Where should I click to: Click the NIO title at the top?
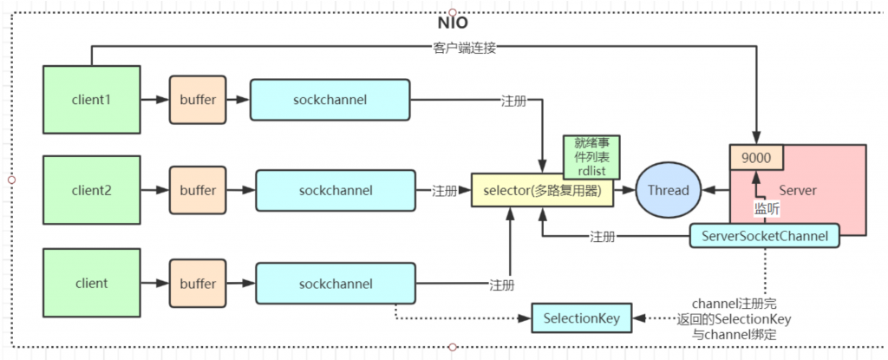click(x=451, y=22)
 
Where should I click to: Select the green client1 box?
click(x=90, y=100)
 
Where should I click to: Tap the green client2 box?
click(x=90, y=190)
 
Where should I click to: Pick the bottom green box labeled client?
click(x=90, y=284)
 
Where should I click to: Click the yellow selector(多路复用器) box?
click(x=542, y=190)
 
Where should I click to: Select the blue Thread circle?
click(x=669, y=190)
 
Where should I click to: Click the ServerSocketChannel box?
click(x=765, y=236)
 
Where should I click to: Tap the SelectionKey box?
click(x=581, y=318)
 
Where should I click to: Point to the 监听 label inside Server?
click(x=766, y=209)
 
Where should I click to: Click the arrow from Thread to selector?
click(x=624, y=190)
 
